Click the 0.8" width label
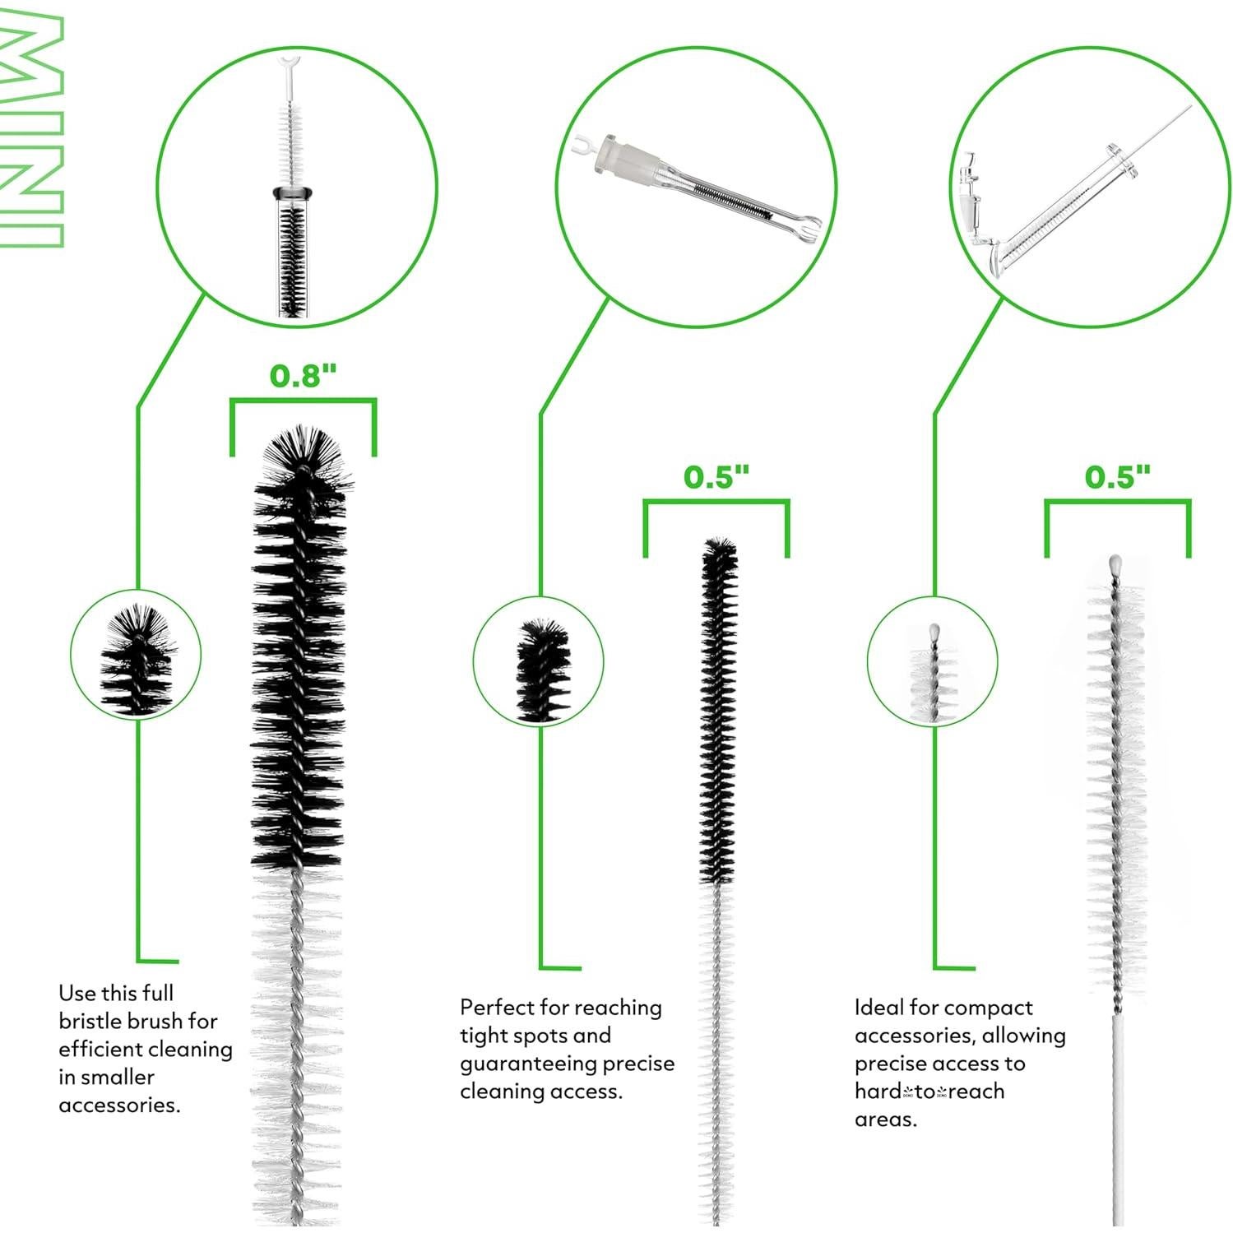coord(303,376)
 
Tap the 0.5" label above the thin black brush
coord(716,477)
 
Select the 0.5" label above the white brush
coord(1117,477)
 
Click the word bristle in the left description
coord(95,1022)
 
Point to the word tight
coord(484,1036)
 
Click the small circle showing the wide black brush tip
coord(136,655)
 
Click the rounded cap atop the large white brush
coord(1115,565)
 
